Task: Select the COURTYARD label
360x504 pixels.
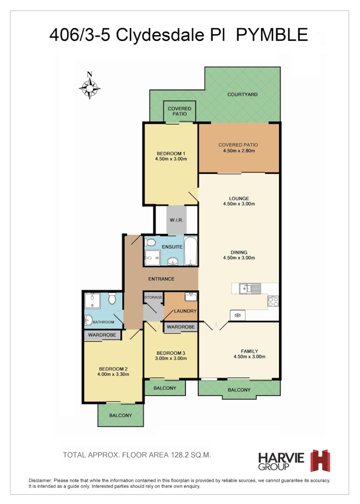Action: (x=242, y=95)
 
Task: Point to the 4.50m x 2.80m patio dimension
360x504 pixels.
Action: (x=239, y=151)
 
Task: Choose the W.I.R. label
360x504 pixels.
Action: (x=176, y=220)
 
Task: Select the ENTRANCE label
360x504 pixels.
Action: (x=161, y=279)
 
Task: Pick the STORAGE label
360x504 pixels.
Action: (x=153, y=297)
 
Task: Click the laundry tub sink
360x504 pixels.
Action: (x=191, y=297)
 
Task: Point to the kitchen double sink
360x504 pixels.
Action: (x=250, y=288)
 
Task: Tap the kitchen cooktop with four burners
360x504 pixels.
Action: (x=273, y=301)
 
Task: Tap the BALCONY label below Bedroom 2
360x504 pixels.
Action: (x=120, y=415)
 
